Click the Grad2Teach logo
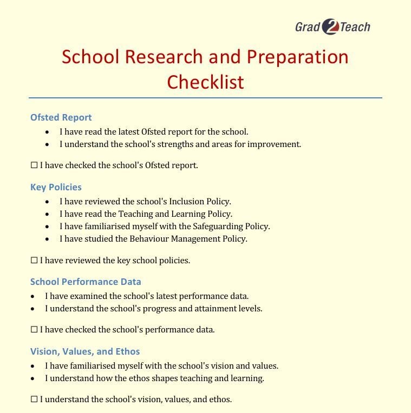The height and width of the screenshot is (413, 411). pyautogui.click(x=332, y=26)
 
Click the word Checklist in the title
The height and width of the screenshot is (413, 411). pyautogui.click(x=205, y=82)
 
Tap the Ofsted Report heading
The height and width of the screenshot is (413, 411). pyautogui.click(x=61, y=117)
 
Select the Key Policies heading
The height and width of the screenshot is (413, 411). pyautogui.click(x=56, y=187)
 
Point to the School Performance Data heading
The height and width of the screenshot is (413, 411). pyautogui.click(x=86, y=282)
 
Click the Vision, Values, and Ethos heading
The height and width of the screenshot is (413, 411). pyautogui.click(x=85, y=351)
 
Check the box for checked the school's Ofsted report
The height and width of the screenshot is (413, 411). pyautogui.click(x=34, y=165)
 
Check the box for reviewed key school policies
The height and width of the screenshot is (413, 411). pyautogui.click(x=34, y=261)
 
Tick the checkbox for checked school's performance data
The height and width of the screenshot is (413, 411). pyautogui.click(x=34, y=330)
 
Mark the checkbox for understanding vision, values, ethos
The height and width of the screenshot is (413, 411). pyautogui.click(x=34, y=399)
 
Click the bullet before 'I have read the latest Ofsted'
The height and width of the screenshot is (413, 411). pyautogui.click(x=48, y=132)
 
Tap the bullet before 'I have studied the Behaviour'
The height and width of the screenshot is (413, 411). pyautogui.click(x=48, y=239)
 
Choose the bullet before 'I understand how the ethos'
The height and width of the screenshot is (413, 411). pyautogui.click(x=33, y=378)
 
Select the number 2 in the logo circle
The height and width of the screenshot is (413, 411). pyautogui.click(x=330, y=27)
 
